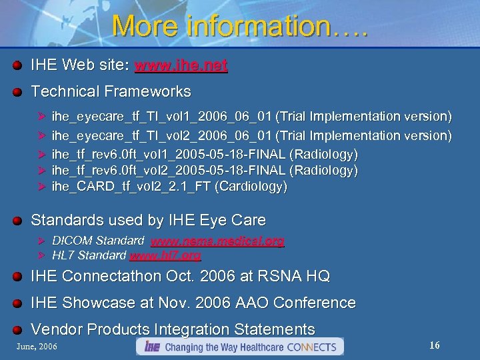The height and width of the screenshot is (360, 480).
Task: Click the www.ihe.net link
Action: tap(181, 65)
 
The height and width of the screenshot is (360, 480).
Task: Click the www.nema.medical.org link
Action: tap(217, 241)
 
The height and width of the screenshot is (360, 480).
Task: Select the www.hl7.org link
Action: tap(165, 255)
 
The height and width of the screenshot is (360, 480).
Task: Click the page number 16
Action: tap(435, 345)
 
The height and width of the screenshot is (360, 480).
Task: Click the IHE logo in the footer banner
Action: tap(152, 347)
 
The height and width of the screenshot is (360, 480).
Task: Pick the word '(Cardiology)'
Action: tap(251, 187)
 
